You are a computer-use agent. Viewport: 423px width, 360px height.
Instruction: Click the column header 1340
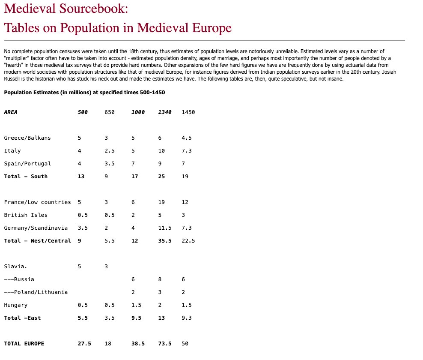(164, 112)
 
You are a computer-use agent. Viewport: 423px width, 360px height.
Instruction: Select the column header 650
(109, 112)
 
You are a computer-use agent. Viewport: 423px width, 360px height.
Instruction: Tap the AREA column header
(11, 112)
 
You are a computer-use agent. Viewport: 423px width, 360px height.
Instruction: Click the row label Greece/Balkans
(27, 138)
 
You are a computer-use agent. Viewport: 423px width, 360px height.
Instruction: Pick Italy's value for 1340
(161, 151)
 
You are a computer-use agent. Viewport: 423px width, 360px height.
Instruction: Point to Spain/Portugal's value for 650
(109, 164)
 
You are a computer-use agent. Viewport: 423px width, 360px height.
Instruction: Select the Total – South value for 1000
(134, 177)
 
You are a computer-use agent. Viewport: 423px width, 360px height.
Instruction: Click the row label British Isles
(26, 215)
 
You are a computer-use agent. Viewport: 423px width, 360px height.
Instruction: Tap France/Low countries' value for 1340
(161, 202)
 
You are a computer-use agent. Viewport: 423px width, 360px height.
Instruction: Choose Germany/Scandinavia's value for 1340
(164, 228)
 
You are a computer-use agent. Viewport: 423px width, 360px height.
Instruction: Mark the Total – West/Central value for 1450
(188, 241)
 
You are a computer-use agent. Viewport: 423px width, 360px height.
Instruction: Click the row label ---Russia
(19, 279)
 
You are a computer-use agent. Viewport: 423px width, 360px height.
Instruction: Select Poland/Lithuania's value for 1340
(159, 292)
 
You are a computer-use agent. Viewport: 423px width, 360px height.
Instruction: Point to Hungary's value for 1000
(136, 305)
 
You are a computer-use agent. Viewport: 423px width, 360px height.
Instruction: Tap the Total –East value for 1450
(186, 318)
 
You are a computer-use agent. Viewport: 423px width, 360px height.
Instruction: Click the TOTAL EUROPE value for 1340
(164, 344)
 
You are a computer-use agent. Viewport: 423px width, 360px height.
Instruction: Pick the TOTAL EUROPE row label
(24, 344)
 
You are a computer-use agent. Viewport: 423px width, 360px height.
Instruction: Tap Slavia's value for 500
(79, 267)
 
